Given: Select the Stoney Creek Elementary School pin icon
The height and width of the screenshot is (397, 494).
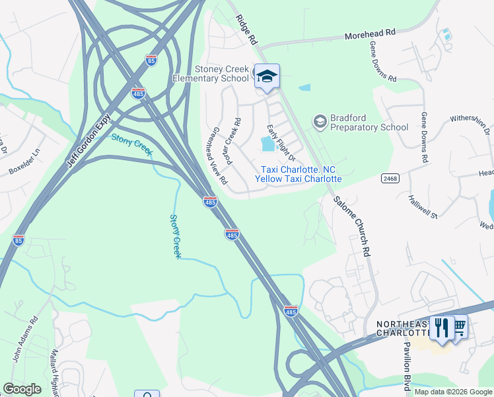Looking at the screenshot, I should [267, 78].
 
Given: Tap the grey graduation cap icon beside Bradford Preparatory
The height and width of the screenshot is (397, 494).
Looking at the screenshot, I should [320, 121].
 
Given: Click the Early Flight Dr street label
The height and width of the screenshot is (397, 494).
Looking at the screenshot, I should [280, 142].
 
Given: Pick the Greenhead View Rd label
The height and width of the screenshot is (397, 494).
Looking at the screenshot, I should [219, 156].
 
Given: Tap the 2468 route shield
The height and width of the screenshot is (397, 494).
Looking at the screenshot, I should [389, 177].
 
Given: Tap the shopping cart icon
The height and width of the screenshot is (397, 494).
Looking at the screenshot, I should [458, 326].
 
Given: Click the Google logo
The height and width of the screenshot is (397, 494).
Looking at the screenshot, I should [22, 389].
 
